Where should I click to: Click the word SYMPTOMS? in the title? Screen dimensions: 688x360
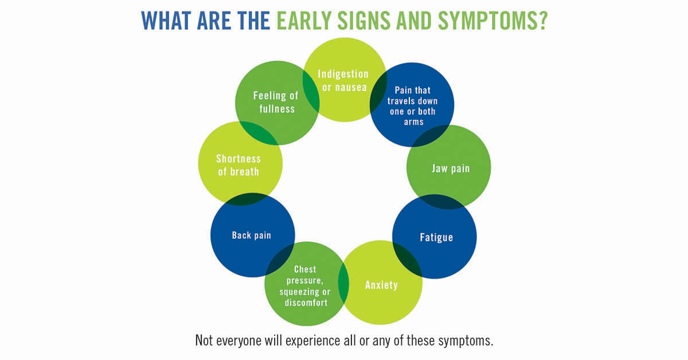click(x=492, y=21)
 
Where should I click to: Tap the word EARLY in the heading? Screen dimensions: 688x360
click(x=304, y=21)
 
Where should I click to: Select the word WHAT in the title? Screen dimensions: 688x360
click(x=166, y=21)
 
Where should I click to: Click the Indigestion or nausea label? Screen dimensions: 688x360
click(x=343, y=80)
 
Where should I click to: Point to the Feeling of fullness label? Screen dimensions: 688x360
click(x=276, y=102)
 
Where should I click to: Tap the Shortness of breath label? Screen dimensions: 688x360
click(x=239, y=165)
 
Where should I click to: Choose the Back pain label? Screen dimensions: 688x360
click(x=252, y=235)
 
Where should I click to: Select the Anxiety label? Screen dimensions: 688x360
click(x=381, y=285)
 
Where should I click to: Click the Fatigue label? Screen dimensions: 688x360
click(x=436, y=237)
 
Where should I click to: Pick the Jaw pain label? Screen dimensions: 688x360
click(x=451, y=169)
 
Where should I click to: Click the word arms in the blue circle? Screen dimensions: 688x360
click(x=414, y=122)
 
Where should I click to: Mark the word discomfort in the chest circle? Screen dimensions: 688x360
click(x=306, y=303)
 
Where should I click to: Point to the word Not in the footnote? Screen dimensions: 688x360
click(x=204, y=341)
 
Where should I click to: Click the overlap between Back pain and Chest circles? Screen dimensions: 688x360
click(x=280, y=260)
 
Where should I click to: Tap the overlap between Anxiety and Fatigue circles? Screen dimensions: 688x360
click(x=407, y=260)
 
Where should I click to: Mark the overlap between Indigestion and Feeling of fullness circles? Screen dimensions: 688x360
click(x=311, y=91)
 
